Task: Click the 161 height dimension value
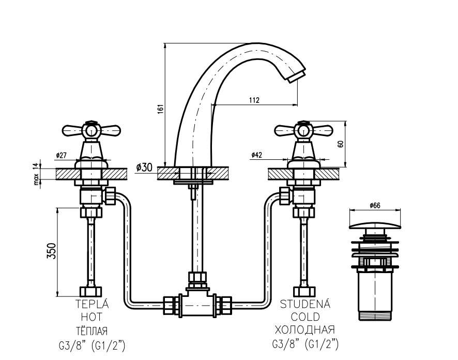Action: pyautogui.click(x=160, y=110)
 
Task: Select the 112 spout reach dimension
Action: pyautogui.click(x=254, y=100)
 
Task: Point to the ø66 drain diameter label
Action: pyautogui.click(x=375, y=205)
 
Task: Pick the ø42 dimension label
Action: pyautogui.click(x=257, y=155)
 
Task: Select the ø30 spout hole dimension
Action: pyautogui.click(x=145, y=167)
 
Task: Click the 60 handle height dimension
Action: pyautogui.click(x=341, y=144)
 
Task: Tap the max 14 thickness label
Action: pyautogui.click(x=36, y=173)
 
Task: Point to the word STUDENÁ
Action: pyautogui.click(x=304, y=305)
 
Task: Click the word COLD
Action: pyautogui.click(x=305, y=317)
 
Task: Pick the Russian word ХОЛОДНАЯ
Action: pyautogui.click(x=305, y=329)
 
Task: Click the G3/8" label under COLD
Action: pyautogui.click(x=286, y=342)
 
